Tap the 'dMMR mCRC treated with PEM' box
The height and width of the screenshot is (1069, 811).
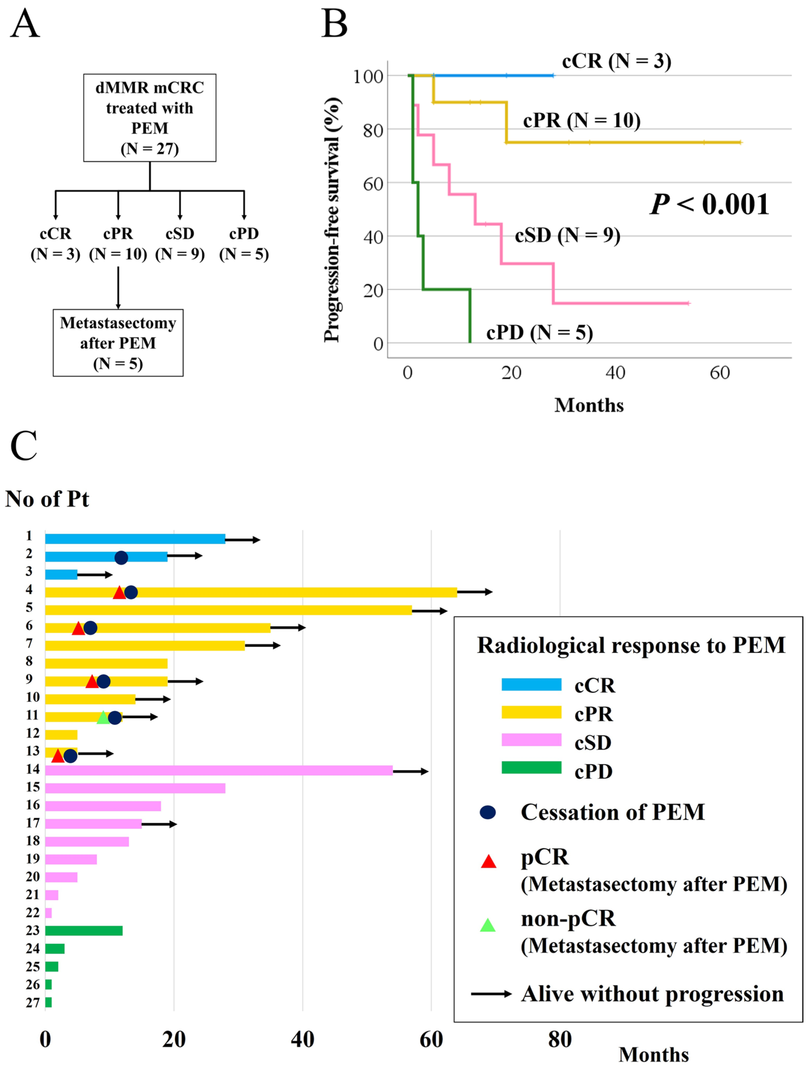pos(149,117)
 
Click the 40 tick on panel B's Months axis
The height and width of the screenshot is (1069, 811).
pos(615,373)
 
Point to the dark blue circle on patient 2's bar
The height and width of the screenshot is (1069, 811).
pos(121,558)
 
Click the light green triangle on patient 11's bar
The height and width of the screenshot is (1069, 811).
pos(103,718)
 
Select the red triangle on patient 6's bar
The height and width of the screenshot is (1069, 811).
pos(78,628)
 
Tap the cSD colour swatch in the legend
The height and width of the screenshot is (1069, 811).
pos(531,740)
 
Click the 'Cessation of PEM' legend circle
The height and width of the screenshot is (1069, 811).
pos(488,812)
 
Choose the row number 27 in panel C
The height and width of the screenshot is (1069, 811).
pos(32,1003)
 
